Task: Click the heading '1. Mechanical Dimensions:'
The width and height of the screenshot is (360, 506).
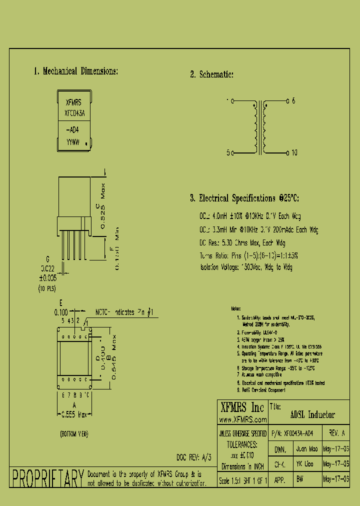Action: click(75, 71)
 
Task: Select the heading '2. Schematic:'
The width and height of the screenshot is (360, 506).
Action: click(211, 74)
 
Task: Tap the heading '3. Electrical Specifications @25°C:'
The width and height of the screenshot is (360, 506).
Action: click(244, 198)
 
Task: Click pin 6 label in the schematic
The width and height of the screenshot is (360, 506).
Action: click(293, 101)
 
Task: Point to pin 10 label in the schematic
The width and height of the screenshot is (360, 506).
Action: click(294, 152)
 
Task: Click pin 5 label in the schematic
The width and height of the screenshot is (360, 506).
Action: click(228, 152)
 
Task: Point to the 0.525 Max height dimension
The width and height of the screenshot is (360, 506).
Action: click(103, 206)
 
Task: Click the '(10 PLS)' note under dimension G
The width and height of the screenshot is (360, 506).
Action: click(47, 289)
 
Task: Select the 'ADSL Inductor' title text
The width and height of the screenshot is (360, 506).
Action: click(312, 415)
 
